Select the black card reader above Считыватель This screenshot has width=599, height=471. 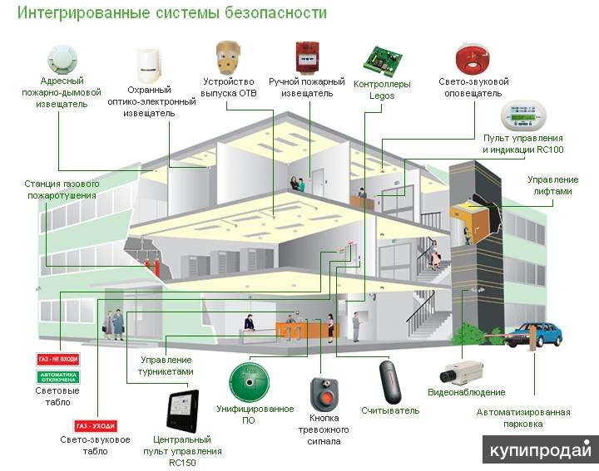coord(389,380)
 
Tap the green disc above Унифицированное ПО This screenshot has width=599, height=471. coord(252,380)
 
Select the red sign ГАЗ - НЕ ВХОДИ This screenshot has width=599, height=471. coord(58,361)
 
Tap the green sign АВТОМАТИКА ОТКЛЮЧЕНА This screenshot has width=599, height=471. coord(58,375)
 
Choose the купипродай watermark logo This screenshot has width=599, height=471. coord(539,450)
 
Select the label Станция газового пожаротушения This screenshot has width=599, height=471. coord(61,189)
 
